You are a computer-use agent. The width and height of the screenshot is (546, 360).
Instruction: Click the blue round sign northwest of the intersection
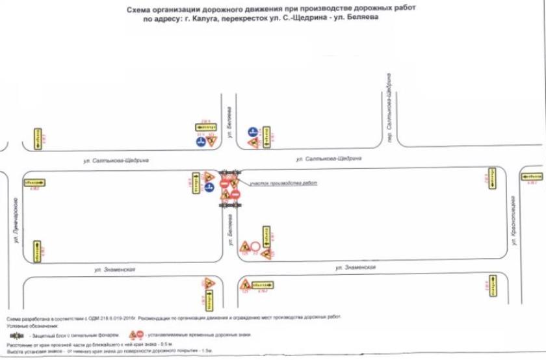[201, 141]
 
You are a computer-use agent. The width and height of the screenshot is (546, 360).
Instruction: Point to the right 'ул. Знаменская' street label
[357, 266]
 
